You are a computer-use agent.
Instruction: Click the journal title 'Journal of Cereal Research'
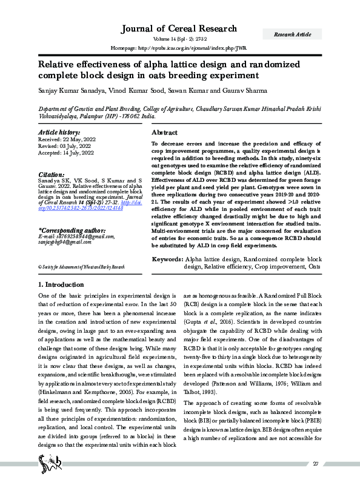tap(180, 29)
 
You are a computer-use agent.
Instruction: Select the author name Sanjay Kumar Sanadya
tap(68, 90)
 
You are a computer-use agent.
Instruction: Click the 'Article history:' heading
tap(59, 132)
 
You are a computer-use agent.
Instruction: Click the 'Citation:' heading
tap(51, 175)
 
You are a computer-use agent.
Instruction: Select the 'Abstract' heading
tap(164, 132)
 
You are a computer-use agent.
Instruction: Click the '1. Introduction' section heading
tap(62, 284)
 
